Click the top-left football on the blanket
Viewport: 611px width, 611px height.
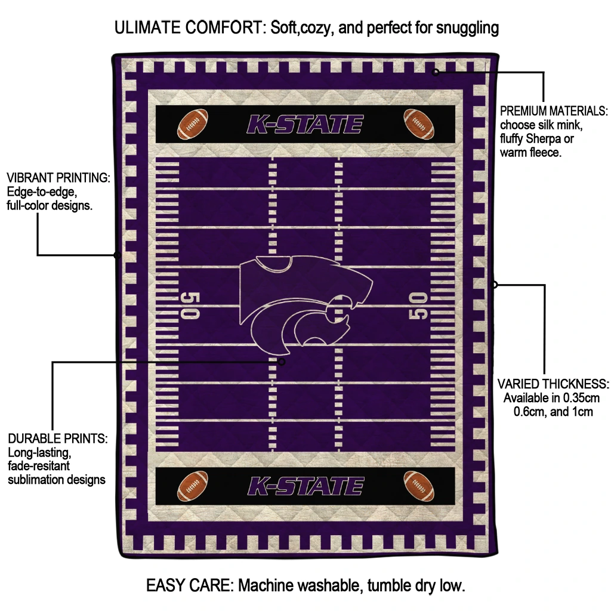coord(193,123)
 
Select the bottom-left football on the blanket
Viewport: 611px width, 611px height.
coord(193,486)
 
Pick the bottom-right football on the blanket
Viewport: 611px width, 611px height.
coord(419,485)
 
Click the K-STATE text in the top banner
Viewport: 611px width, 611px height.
coord(305,125)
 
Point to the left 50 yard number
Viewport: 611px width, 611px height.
coord(190,305)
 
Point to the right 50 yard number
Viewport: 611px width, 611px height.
coord(419,305)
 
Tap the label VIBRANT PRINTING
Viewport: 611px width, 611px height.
coord(58,178)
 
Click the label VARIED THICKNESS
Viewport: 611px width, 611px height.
coord(553,384)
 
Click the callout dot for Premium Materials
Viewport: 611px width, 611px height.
coord(436,72)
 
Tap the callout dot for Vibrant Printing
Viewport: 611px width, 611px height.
coord(117,255)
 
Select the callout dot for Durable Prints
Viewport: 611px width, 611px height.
coord(282,362)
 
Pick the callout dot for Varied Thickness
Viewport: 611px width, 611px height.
coord(494,285)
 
